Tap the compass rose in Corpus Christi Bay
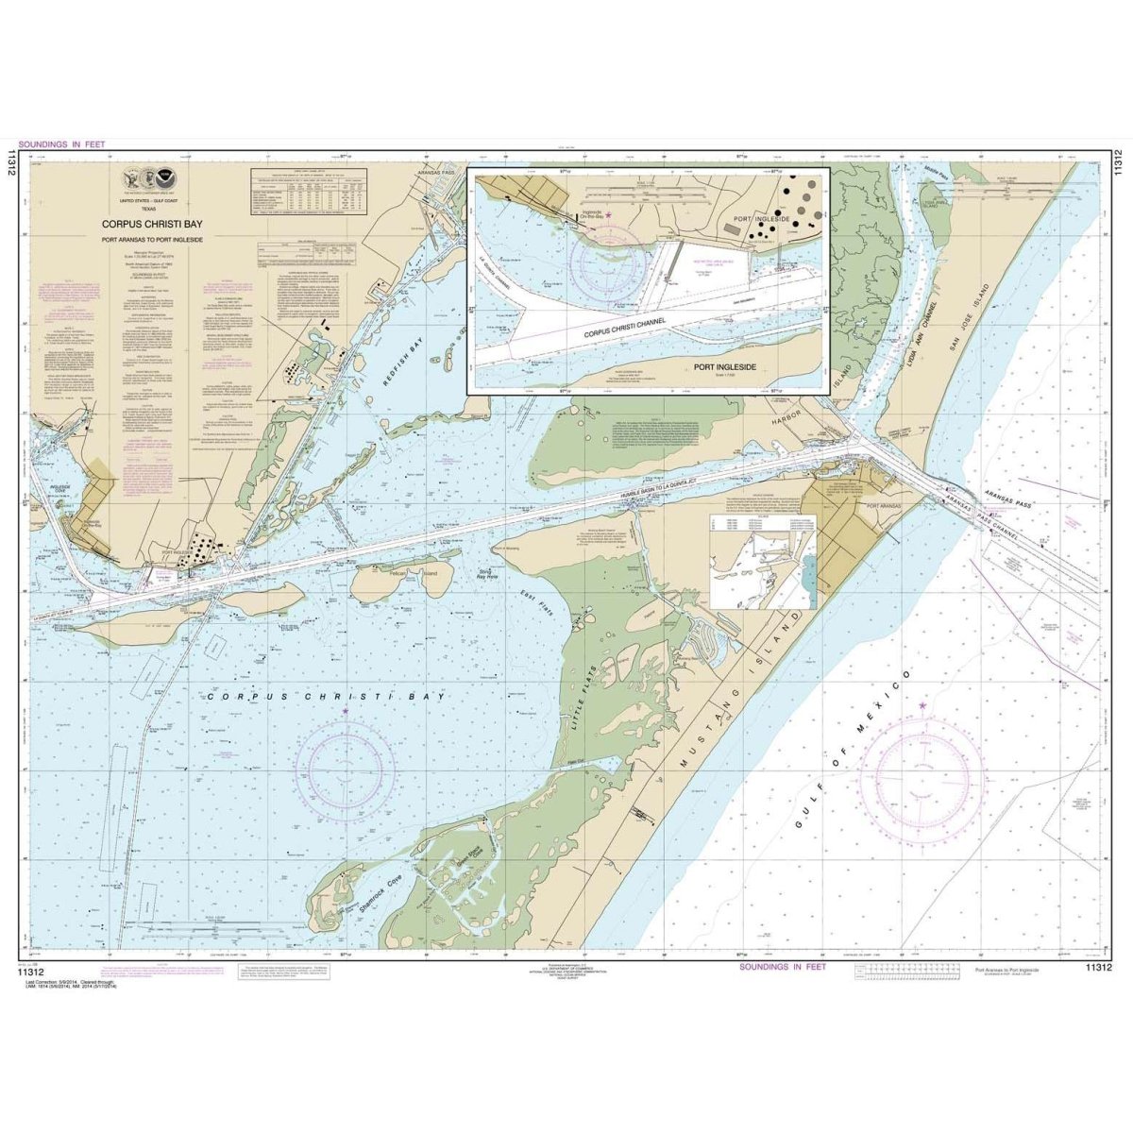click(x=345, y=761)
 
